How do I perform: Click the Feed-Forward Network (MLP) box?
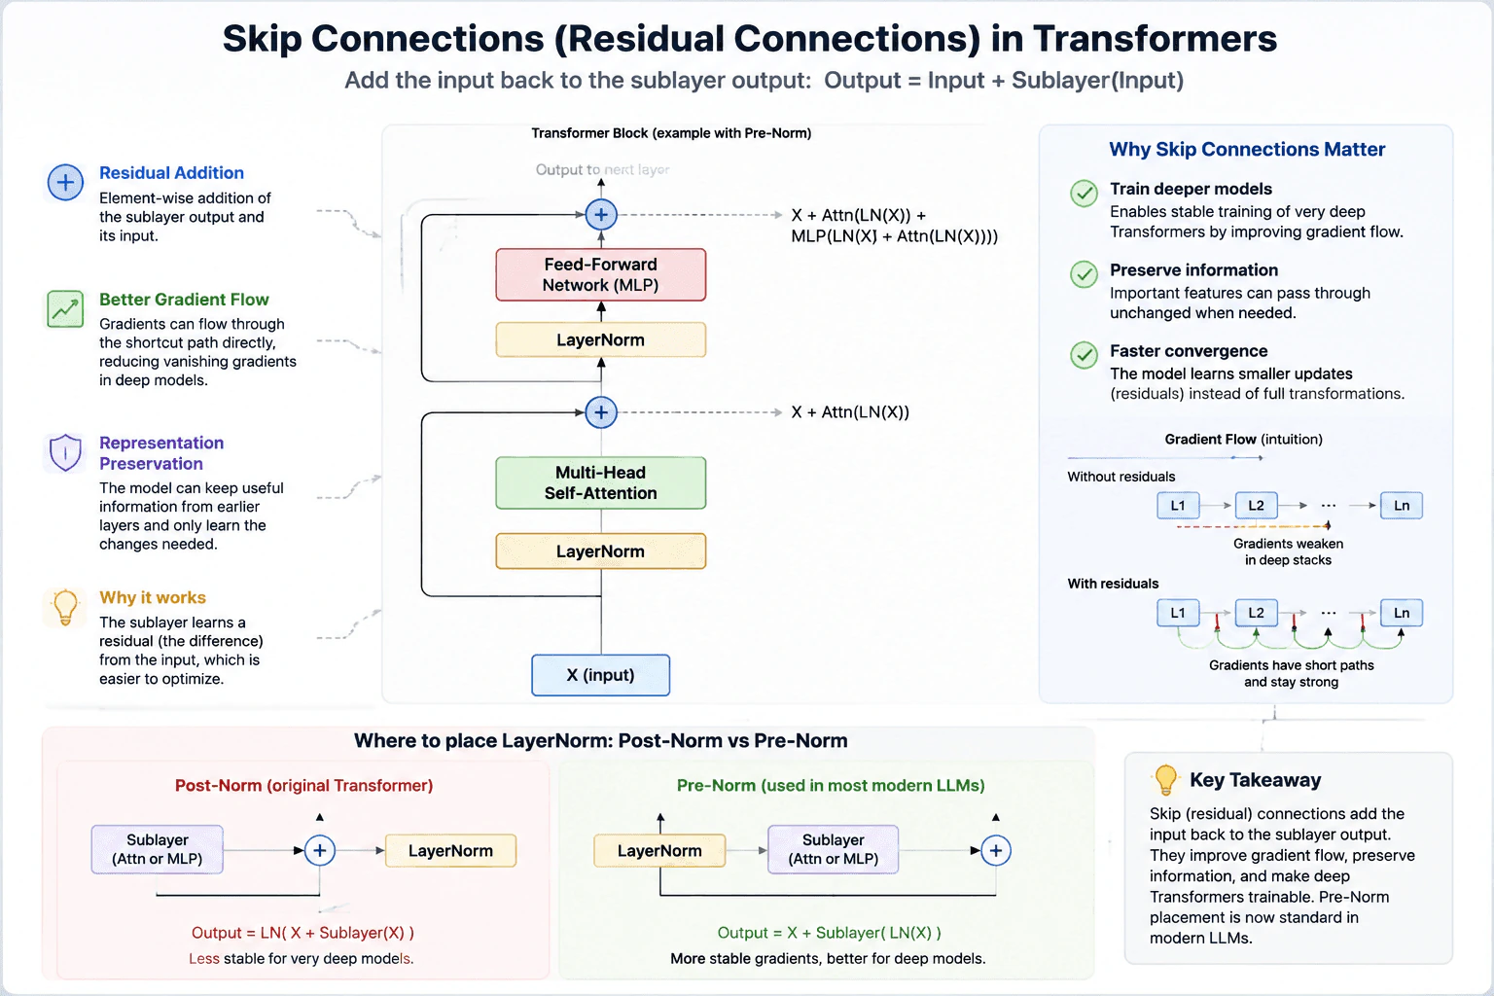click(x=600, y=274)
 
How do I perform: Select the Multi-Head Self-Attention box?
click(x=600, y=482)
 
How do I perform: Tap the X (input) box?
click(x=600, y=675)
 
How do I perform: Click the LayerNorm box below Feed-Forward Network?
click(x=600, y=339)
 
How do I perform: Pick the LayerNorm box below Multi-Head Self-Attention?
click(x=600, y=551)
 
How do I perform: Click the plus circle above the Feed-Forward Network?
click(x=601, y=215)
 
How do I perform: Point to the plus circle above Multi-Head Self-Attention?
click(x=601, y=412)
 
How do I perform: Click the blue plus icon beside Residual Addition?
click(x=65, y=182)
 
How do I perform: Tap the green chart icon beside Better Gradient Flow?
click(x=65, y=309)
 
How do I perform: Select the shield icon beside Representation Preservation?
click(x=65, y=452)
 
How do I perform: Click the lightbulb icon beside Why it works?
click(x=65, y=606)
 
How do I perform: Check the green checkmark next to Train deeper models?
click(x=1084, y=194)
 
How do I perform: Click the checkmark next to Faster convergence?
click(x=1084, y=355)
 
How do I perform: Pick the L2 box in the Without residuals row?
click(x=1256, y=505)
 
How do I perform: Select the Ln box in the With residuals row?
click(x=1402, y=613)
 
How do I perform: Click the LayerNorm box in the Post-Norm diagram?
click(x=451, y=850)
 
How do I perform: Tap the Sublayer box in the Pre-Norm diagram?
click(x=833, y=849)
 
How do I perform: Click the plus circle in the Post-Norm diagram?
click(x=319, y=850)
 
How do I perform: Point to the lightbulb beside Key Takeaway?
click(x=1165, y=780)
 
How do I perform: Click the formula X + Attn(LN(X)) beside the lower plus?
click(x=850, y=412)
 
